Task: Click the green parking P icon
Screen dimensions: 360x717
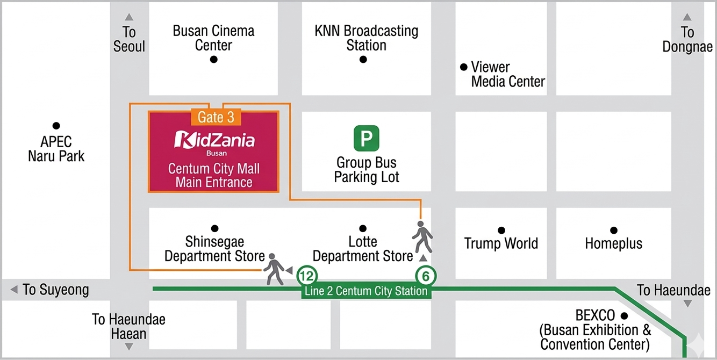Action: tap(366, 138)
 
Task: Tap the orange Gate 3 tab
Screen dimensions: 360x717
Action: tap(216, 117)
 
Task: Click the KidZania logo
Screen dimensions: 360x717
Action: tap(214, 141)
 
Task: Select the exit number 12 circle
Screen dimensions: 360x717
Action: tap(307, 277)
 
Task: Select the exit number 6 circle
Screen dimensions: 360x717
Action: tap(426, 277)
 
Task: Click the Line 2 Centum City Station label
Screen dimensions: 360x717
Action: tap(366, 291)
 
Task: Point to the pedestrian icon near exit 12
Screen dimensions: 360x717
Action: tap(274, 268)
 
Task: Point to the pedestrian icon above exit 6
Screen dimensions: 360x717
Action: tap(422, 236)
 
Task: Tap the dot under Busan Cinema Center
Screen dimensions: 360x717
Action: tap(213, 60)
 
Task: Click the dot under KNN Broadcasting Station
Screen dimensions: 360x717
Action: tap(363, 60)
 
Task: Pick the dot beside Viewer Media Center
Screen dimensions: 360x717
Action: tap(464, 67)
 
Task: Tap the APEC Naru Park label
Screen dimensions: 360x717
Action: tap(56, 149)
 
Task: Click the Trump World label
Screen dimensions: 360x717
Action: tap(501, 243)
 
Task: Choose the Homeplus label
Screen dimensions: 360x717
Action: tap(613, 243)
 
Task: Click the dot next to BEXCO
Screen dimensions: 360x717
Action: tap(625, 315)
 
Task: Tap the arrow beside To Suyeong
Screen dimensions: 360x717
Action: tap(14, 290)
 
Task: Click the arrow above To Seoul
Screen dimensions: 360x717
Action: tap(129, 17)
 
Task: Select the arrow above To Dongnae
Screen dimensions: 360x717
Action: tap(687, 17)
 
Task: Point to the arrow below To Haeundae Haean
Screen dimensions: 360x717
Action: tap(129, 347)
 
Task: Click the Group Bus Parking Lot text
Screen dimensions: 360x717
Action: tap(367, 169)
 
